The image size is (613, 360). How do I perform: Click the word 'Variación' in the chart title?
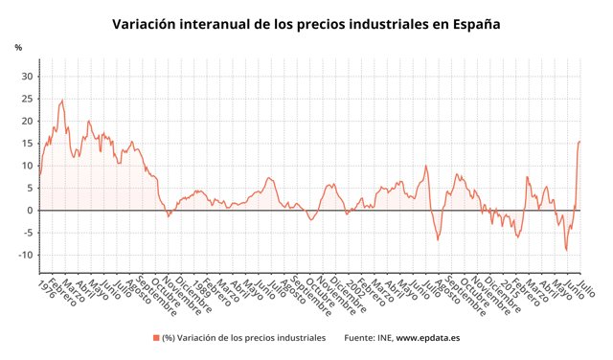148,24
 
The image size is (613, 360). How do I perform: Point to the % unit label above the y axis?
18,47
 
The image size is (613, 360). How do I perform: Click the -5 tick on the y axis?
27,233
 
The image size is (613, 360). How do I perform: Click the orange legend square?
155,338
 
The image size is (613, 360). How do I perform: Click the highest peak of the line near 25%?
62,100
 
